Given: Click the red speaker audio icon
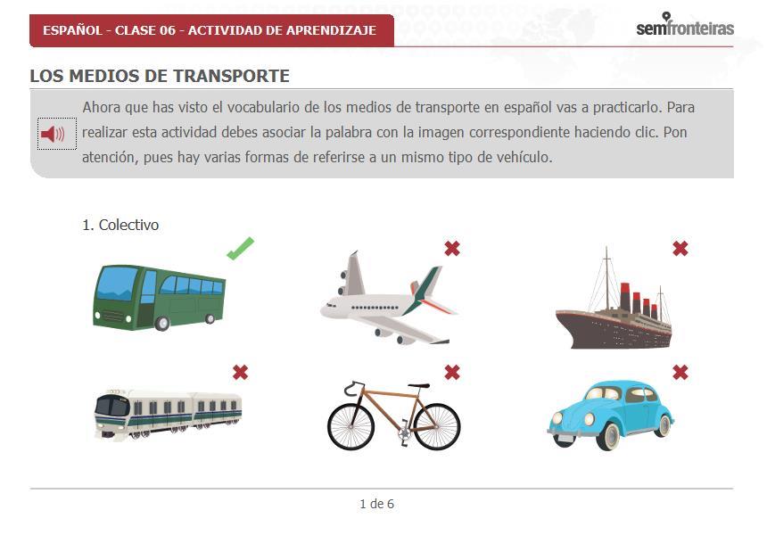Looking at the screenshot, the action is click(53, 134).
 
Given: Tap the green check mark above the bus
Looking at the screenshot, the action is click(240, 249).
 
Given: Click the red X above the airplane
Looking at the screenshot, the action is click(452, 249).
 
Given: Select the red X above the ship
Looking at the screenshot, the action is click(680, 249).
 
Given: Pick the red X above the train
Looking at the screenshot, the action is click(240, 373).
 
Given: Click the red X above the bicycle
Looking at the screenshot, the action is click(452, 373).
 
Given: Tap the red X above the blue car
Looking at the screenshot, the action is click(680, 373).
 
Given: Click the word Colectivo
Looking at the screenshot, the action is click(128, 225).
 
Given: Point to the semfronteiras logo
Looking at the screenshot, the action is click(685, 26).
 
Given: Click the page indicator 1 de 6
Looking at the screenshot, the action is click(376, 504).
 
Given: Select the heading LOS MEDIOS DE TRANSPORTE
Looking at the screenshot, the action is click(160, 76).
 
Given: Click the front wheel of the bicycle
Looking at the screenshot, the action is click(351, 426).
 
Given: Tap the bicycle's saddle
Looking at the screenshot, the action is click(418, 385).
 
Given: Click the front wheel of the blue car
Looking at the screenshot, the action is click(608, 436).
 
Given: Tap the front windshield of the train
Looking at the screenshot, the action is click(111, 406).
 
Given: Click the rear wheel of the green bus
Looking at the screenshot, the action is click(210, 318).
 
